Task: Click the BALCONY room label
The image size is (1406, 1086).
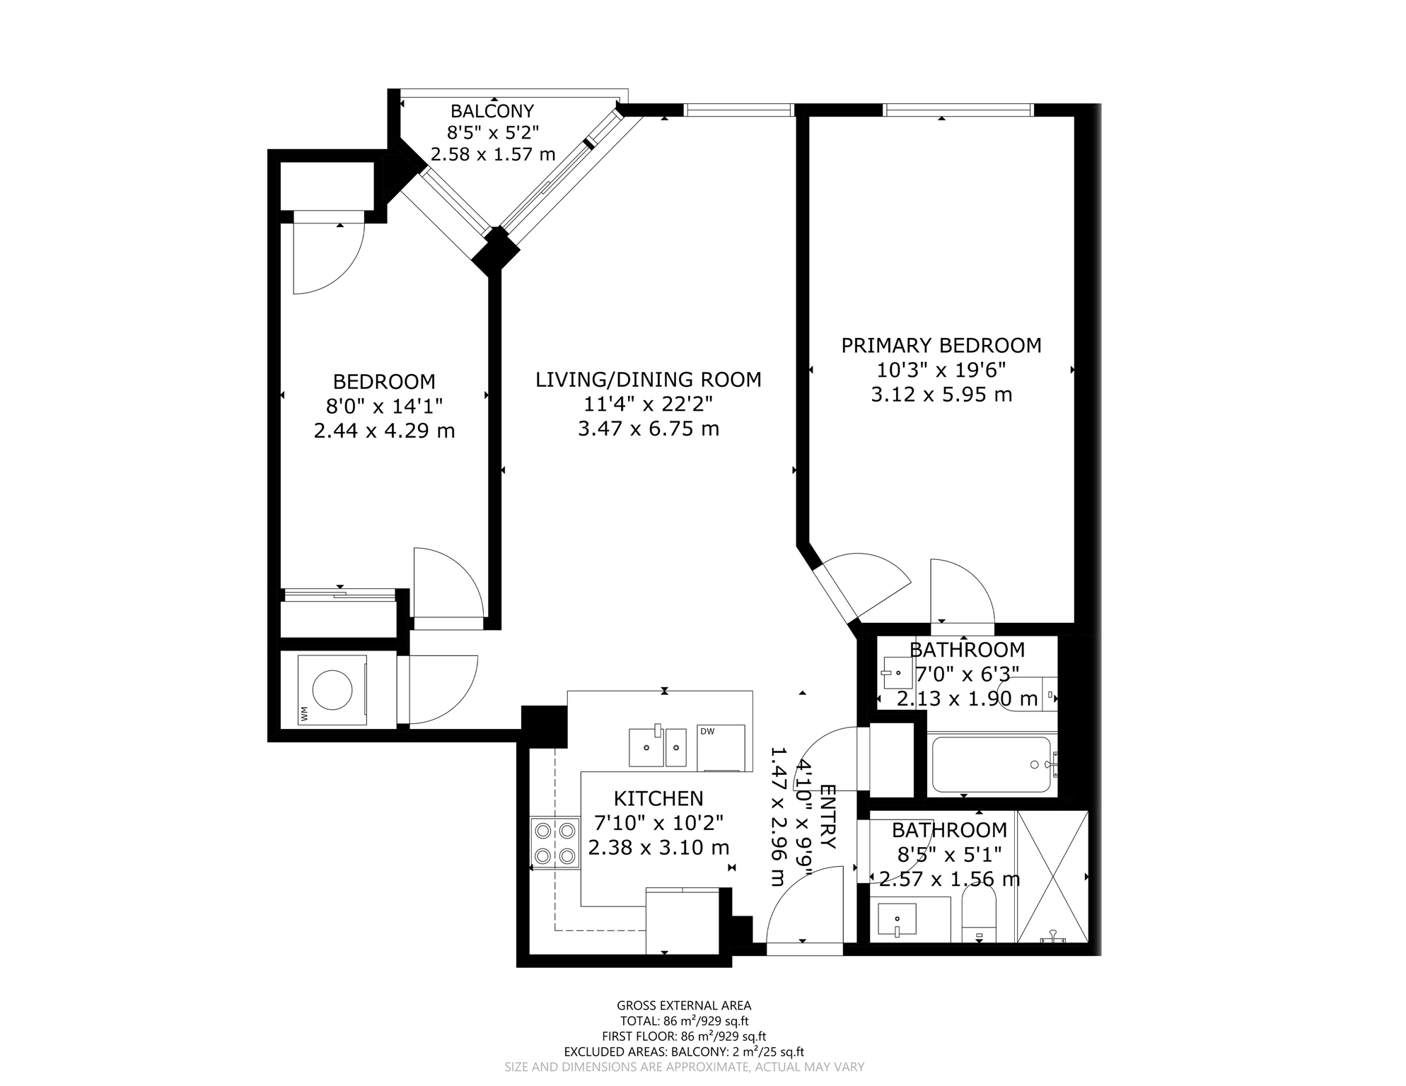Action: (x=492, y=111)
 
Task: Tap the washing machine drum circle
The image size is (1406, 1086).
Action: (x=332, y=689)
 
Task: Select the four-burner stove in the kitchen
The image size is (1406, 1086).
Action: (x=555, y=843)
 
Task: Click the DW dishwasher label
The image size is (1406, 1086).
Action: (x=707, y=732)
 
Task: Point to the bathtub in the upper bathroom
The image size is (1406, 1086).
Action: (x=992, y=765)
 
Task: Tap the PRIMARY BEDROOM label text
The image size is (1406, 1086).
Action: (x=941, y=346)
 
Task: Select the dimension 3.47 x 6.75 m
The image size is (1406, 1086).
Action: (x=649, y=428)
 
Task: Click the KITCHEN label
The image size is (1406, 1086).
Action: (x=658, y=799)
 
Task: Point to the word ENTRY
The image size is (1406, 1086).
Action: (x=827, y=817)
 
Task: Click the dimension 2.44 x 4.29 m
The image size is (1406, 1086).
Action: (x=384, y=431)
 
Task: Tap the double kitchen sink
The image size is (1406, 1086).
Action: (x=658, y=747)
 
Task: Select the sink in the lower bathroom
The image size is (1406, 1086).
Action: (x=897, y=920)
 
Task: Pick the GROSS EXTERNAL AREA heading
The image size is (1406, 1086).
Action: (x=684, y=1005)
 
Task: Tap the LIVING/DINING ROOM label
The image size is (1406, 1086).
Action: (x=649, y=380)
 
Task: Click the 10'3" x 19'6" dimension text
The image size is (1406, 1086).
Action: (x=941, y=370)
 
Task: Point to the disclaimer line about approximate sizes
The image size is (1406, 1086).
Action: (x=684, y=1067)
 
